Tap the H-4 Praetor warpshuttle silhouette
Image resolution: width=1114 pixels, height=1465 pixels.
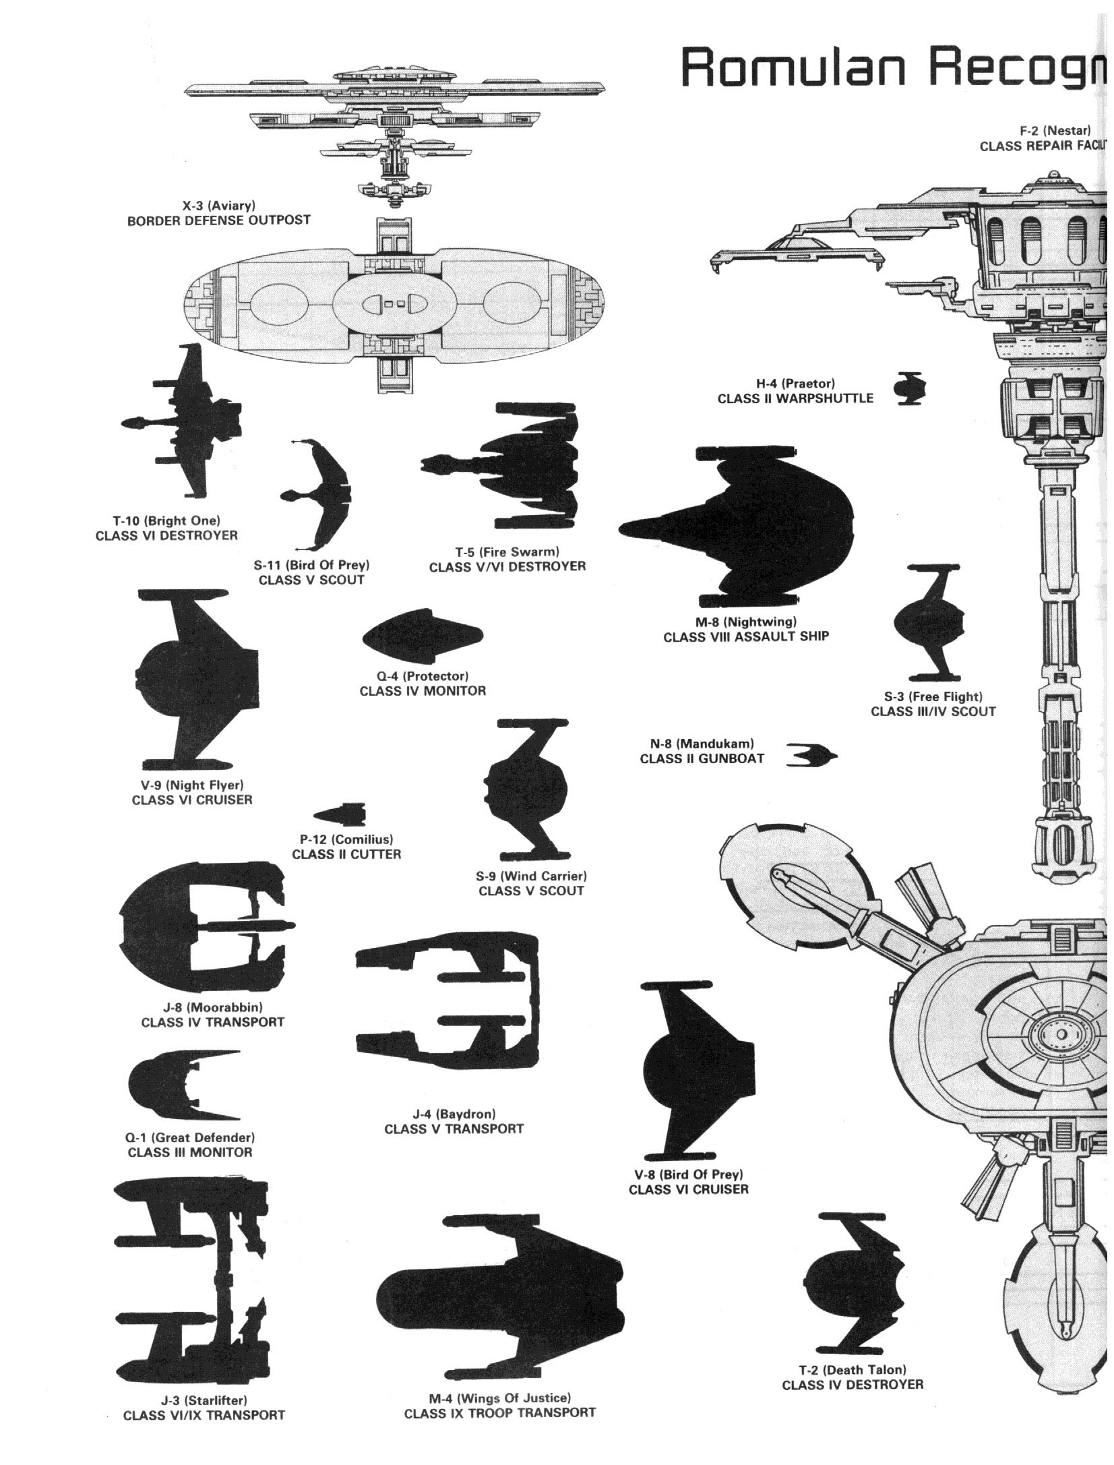click(910, 388)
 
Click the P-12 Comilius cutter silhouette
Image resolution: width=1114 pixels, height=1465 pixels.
click(341, 814)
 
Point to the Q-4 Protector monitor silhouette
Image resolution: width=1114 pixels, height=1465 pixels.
click(423, 638)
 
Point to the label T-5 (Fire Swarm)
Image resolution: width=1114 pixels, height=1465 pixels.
click(507, 551)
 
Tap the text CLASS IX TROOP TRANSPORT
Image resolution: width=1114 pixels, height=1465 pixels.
click(499, 1412)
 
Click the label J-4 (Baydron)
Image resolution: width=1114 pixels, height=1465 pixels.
click(454, 1114)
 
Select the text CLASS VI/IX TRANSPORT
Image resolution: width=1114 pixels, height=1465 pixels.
click(204, 1415)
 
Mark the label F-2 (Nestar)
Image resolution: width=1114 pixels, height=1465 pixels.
click(1055, 131)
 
